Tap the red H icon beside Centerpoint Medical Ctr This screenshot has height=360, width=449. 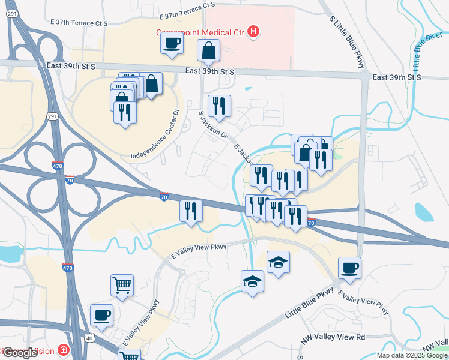tap(253, 31)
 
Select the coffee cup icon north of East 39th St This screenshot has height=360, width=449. tap(172, 43)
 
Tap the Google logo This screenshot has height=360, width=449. tap(19, 353)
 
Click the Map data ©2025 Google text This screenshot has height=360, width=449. tap(412, 355)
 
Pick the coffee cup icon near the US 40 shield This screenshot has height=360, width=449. tap(101, 315)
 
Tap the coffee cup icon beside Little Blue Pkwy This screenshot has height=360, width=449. tap(349, 268)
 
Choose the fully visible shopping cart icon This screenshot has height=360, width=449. tap(122, 286)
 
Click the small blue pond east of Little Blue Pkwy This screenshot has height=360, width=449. tap(424, 212)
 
